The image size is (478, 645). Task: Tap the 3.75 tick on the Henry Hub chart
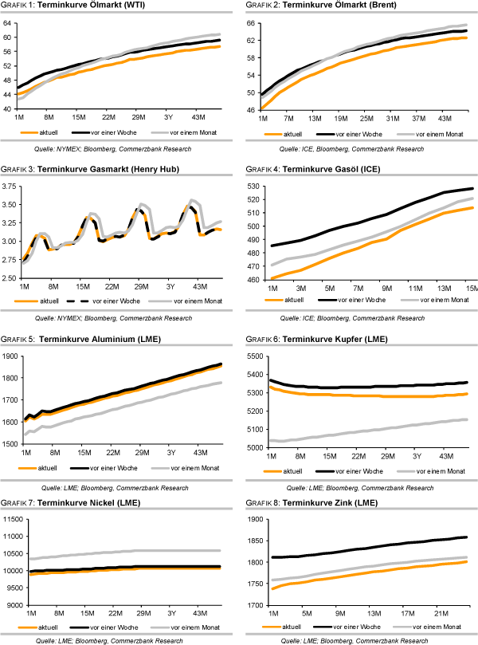click(x=10, y=187)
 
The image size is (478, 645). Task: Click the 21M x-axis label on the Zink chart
click(x=438, y=615)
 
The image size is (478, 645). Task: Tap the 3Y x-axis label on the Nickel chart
click(x=170, y=614)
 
